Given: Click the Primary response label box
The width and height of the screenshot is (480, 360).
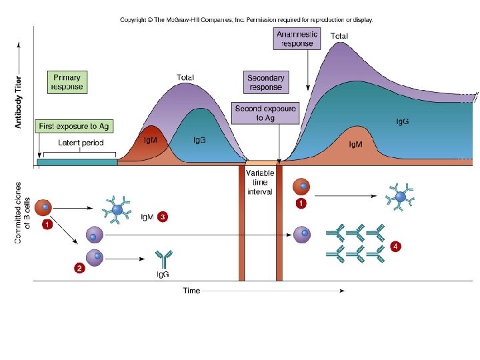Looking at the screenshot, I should pyautogui.click(x=67, y=81).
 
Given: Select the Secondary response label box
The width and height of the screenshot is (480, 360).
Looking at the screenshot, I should pyautogui.click(x=265, y=82).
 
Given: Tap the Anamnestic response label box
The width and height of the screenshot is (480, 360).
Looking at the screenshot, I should pyautogui.click(x=297, y=39).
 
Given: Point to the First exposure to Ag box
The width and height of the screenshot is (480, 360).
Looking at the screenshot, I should pyautogui.click(x=74, y=126).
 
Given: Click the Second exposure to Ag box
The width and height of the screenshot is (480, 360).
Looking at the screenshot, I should pyautogui.click(x=265, y=113).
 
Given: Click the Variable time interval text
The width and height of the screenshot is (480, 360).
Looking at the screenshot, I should pyautogui.click(x=259, y=182).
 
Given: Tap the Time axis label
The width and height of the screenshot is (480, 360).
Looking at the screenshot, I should pyautogui.click(x=192, y=291).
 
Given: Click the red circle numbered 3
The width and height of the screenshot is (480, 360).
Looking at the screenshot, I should pyautogui.click(x=163, y=217).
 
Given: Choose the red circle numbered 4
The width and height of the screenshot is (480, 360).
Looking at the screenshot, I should pyautogui.click(x=396, y=246).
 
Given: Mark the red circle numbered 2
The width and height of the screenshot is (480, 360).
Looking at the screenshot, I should pyautogui.click(x=79, y=269).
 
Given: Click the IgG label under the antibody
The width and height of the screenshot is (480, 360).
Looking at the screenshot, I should pyautogui.click(x=162, y=274).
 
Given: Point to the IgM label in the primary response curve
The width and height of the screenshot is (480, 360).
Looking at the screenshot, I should pyautogui.click(x=151, y=141).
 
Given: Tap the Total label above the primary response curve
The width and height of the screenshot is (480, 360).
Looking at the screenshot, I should pyautogui.click(x=185, y=77).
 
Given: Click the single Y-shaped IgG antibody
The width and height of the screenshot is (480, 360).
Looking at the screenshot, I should pyautogui.click(x=163, y=257).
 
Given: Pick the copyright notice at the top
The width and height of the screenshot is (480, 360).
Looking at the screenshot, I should pyautogui.click(x=246, y=20).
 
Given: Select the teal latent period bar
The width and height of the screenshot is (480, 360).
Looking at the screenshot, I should pyautogui.click(x=77, y=162).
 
